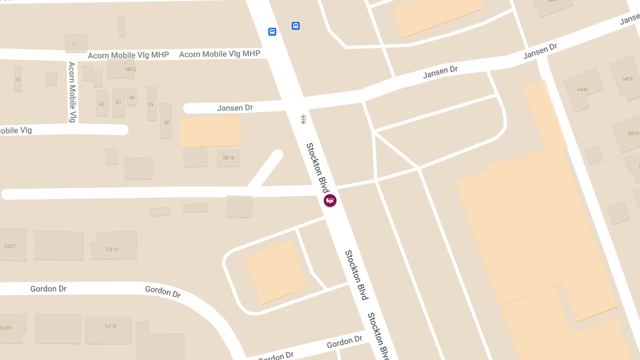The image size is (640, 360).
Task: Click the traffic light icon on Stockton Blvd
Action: pos(303,119)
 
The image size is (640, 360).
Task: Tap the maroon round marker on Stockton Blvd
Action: pos(330,201)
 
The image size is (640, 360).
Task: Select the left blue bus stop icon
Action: pos(272,32)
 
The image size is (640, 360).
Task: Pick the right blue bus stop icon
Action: pos(295,26)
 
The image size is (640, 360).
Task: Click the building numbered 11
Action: pos(75,44)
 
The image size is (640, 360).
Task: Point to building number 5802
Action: pos(130,69)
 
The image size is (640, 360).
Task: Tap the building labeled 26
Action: pos(18,79)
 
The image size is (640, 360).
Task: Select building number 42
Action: pos(101,103)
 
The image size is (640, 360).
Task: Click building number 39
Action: pos(151,103)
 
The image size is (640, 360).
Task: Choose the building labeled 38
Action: pos(166,122)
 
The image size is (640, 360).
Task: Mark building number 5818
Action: pos(228,158)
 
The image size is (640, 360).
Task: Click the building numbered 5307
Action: pos(10,246)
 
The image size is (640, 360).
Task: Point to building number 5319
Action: pos(112,249)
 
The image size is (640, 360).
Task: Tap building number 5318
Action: pos(110,326)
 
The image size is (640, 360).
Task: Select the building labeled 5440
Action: pos(582,90)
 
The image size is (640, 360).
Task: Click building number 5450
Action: pos(628,79)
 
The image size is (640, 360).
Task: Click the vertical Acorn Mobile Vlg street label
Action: pos(72,92)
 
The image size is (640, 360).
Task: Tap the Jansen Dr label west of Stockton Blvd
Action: pos(235,108)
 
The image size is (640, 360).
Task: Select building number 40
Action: pos(132,97)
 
